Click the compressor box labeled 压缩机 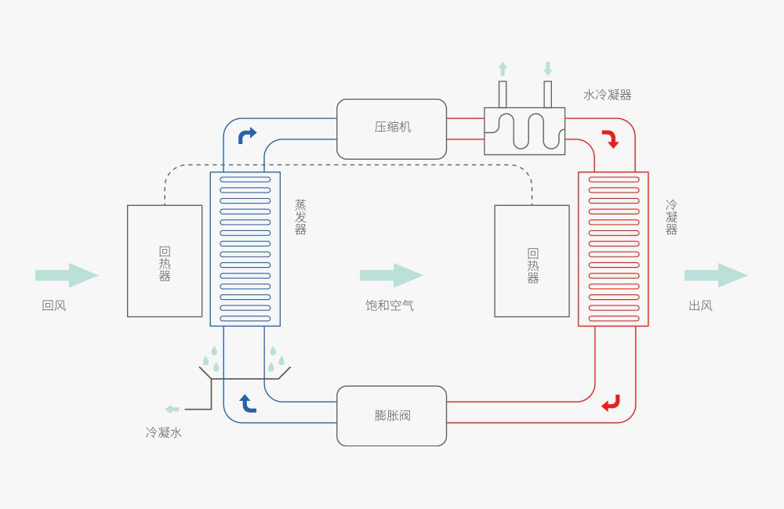(x=392, y=128)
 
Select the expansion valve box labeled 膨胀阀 (x=392, y=416)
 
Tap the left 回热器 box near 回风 (x=165, y=261)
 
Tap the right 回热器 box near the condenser (x=532, y=261)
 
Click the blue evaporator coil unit (x=245, y=248)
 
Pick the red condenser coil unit (x=613, y=248)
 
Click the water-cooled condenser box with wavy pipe (x=524, y=132)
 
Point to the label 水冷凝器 (x=607, y=95)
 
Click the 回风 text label (x=54, y=305)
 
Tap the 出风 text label (x=700, y=305)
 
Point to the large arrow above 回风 (x=67, y=275)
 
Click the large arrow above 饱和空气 (x=391, y=275)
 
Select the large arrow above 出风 (x=716, y=275)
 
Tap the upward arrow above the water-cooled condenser (x=503, y=69)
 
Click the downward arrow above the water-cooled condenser (x=547, y=69)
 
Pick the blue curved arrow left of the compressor (x=247, y=135)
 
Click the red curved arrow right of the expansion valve (x=611, y=403)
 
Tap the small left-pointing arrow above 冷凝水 (x=172, y=409)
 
